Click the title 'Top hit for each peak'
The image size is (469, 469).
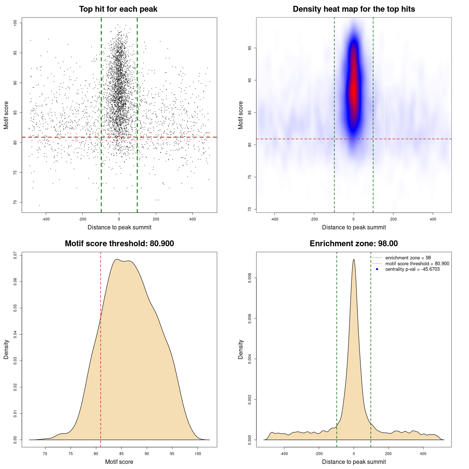click(x=118, y=9)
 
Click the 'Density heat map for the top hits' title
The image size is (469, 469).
click(x=354, y=9)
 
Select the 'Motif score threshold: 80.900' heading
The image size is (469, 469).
click(x=119, y=244)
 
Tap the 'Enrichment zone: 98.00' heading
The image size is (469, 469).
click(x=354, y=244)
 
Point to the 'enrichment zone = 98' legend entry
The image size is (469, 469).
click(x=408, y=258)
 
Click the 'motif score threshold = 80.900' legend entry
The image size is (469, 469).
click(x=417, y=264)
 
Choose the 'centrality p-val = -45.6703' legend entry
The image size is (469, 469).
click(x=412, y=269)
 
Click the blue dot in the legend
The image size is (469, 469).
click(x=377, y=269)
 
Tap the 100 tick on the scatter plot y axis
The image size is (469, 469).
click(x=15, y=23)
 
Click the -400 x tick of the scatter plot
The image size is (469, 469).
click(x=46, y=219)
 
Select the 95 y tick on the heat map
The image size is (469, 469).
click(x=250, y=48)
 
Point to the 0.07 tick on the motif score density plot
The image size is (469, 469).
click(x=15, y=255)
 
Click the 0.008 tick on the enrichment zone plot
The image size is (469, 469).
click(x=250, y=278)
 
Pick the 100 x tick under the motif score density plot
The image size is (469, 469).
click(x=198, y=454)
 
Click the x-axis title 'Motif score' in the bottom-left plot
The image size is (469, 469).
click(x=119, y=462)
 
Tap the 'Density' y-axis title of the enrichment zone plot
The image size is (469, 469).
click(x=241, y=349)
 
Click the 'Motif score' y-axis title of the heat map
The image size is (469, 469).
click(x=241, y=115)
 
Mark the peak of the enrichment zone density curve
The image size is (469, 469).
click(x=354, y=259)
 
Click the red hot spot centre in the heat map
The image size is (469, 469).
click(x=353, y=90)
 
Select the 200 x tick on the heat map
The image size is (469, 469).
click(x=393, y=219)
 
